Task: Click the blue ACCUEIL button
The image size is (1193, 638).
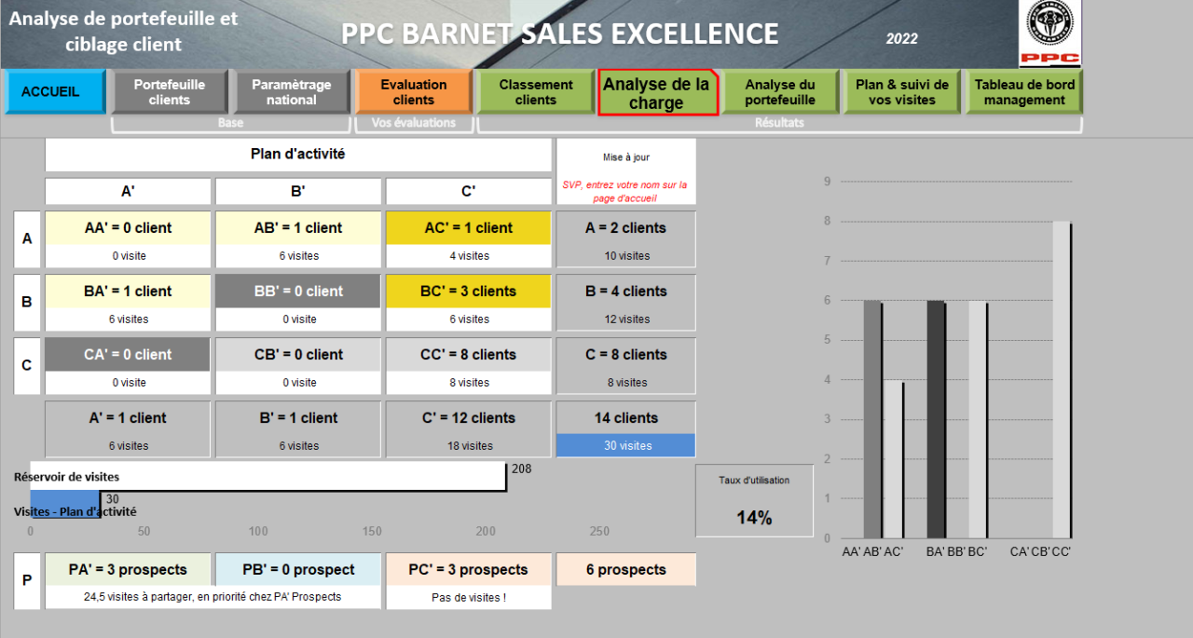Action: pos(55,92)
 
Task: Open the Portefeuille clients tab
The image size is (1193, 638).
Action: pos(170,92)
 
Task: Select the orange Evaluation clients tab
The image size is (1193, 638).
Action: pos(413,92)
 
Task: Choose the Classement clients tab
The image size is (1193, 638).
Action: pos(536,92)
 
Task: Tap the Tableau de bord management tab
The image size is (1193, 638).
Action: pos(1024,92)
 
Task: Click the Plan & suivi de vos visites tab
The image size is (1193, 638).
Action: pos(902,92)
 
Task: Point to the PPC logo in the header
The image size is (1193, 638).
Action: pos(1049,34)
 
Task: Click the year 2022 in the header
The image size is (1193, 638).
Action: pos(901,38)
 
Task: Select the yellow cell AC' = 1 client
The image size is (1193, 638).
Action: pos(468,228)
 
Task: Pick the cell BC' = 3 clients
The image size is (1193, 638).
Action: pos(468,292)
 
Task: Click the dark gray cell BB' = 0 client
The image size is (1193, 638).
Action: pos(298,292)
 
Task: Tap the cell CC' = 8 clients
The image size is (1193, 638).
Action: pos(468,355)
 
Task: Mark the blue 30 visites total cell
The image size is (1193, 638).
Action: pos(626,445)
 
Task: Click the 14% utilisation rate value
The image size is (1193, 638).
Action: pos(754,518)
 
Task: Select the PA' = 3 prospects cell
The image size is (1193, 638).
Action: pos(128,570)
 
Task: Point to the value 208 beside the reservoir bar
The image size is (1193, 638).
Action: pos(521,468)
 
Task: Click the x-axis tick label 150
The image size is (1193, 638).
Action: pos(372,531)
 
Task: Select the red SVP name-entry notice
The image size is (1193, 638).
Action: pos(624,191)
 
